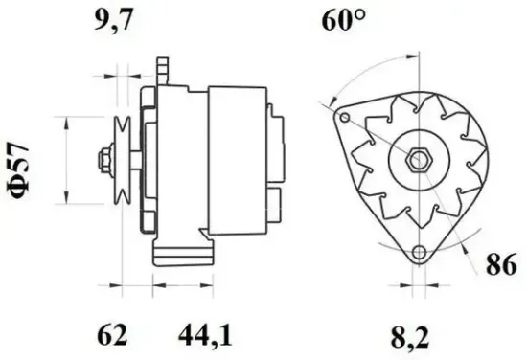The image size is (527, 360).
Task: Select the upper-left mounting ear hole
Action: click(343, 117)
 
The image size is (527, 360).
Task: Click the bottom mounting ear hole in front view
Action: click(417, 253)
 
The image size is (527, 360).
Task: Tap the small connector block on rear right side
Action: click(275, 202)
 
